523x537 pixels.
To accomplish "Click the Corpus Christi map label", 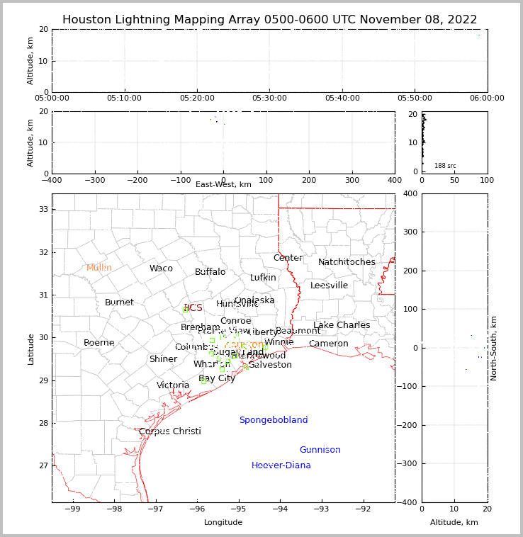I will tap(169, 431).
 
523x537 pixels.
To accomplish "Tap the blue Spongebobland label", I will tap(274, 420).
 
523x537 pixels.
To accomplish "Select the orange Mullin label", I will tap(99, 268).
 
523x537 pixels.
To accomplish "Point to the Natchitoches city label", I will tap(347, 262).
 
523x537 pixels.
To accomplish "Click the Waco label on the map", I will tap(161, 268).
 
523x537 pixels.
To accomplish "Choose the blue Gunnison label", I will tap(320, 450).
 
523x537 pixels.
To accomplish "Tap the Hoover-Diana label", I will tap(281, 465).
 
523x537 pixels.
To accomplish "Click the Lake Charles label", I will tap(342, 325).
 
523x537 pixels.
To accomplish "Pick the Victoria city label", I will tap(173, 385).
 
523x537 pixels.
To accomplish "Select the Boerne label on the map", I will tap(99, 343).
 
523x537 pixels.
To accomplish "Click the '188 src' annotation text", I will tap(445, 166).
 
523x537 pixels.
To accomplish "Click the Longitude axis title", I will tap(223, 522).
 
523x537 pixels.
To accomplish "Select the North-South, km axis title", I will tap(494, 348).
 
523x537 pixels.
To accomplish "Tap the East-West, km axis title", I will tap(223, 185).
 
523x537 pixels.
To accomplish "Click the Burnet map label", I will tap(119, 303).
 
